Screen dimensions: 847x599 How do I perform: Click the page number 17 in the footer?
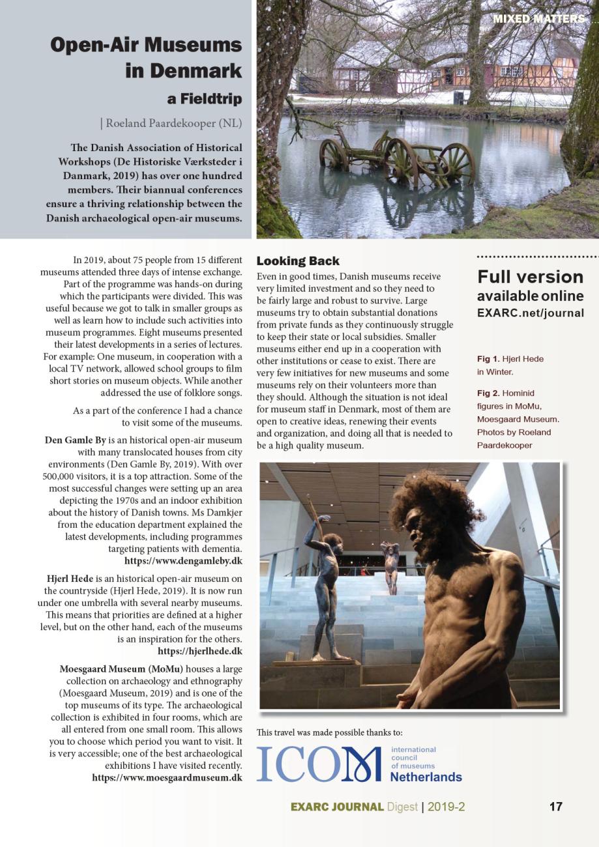555,807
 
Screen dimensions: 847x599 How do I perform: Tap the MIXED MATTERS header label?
538,19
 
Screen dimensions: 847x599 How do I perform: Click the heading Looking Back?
298,261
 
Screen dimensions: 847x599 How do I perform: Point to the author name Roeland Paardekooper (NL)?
173,122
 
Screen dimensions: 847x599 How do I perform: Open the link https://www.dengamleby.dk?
183,561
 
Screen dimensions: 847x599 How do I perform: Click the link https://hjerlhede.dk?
199,651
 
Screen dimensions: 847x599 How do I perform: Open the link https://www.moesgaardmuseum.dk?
167,777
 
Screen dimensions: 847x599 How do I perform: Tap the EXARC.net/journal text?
531,313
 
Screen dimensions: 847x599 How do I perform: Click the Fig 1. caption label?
488,359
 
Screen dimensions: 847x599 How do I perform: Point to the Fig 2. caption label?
488,394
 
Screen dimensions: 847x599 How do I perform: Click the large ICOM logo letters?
318,764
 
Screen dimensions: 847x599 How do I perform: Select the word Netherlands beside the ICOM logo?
426,777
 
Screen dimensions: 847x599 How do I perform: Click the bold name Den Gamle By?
75,440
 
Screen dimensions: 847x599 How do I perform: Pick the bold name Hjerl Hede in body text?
70,579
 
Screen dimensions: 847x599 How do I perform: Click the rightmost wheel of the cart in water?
456,164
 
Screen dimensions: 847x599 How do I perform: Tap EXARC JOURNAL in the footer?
336,807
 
